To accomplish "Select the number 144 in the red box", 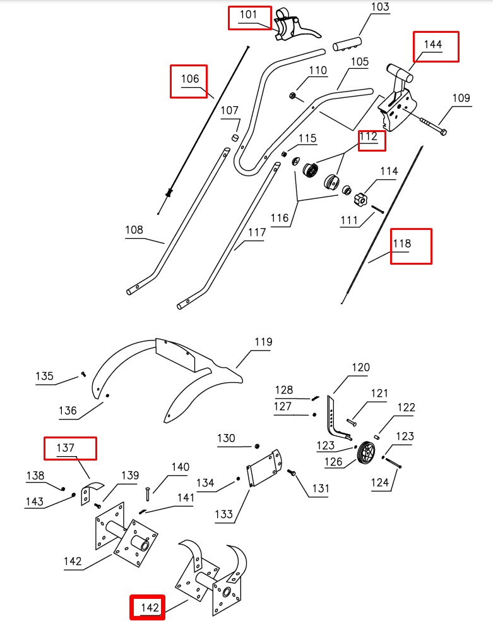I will [433, 45].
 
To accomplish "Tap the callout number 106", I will [190, 79].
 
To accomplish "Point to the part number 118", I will [402, 244].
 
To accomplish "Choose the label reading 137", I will [66, 448].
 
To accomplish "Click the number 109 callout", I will [461, 98].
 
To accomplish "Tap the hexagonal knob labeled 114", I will [360, 198].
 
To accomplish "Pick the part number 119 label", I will [263, 342].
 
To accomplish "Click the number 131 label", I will [320, 488].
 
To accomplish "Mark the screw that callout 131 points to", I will [292, 473].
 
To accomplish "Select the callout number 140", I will [180, 467].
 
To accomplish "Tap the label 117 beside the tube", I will [256, 232].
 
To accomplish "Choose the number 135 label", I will [44, 377].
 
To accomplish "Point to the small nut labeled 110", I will [293, 95].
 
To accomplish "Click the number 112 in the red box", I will [369, 136].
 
